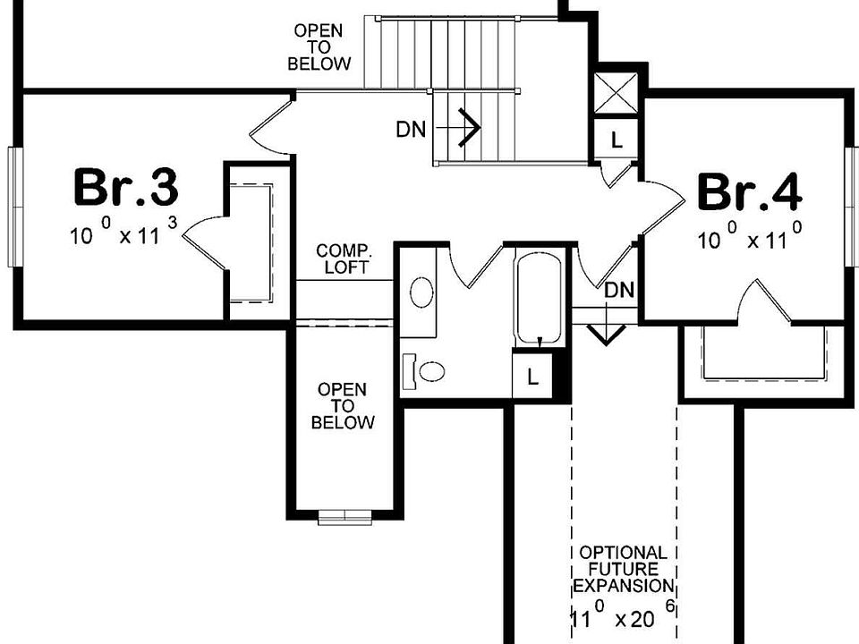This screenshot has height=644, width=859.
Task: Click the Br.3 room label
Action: click(125, 188)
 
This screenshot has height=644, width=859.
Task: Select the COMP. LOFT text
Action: click(344, 258)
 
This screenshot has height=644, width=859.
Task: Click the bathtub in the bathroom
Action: click(539, 296)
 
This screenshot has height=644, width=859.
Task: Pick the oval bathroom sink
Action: click(421, 292)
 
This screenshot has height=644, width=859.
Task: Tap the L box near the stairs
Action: click(617, 139)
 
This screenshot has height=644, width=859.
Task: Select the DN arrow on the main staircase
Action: click(465, 128)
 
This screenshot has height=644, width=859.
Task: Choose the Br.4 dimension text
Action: click(748, 239)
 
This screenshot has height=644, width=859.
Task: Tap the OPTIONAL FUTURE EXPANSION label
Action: click(623, 570)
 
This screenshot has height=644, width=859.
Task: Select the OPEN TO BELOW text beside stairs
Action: click(319, 48)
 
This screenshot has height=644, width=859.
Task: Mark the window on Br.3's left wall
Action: click(13, 206)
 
